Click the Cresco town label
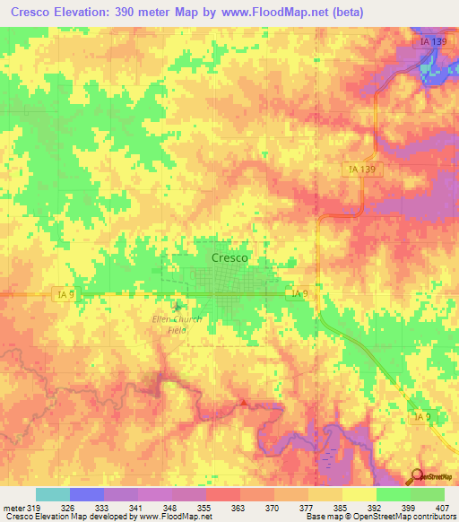[x=229, y=257]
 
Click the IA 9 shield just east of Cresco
[x=299, y=294]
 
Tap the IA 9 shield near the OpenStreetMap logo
[x=421, y=417]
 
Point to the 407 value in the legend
[x=442, y=507]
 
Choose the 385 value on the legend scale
[x=342, y=507]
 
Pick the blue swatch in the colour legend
[x=86, y=494]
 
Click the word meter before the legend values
[x=13, y=507]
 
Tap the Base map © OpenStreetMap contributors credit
[x=380, y=517]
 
